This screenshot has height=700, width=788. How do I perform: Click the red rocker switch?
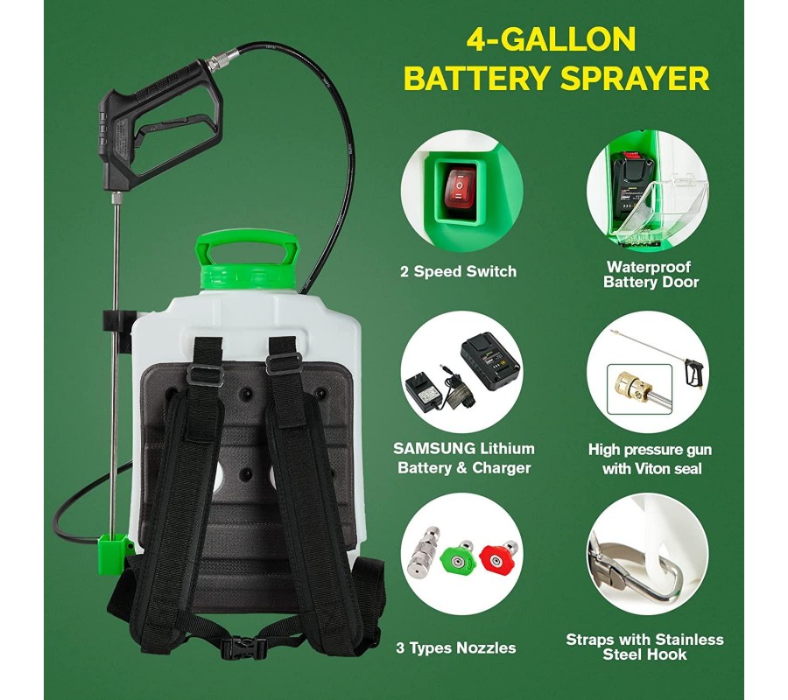point(461,189)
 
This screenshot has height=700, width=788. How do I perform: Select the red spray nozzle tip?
point(498,559)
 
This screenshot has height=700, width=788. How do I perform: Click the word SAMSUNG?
point(434,448)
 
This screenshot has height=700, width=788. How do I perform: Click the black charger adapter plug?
point(426,393)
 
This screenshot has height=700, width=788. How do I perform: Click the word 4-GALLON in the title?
point(552,40)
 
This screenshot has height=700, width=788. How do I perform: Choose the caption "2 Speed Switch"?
point(458,271)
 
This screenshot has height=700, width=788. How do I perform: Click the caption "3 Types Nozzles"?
point(456,647)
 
